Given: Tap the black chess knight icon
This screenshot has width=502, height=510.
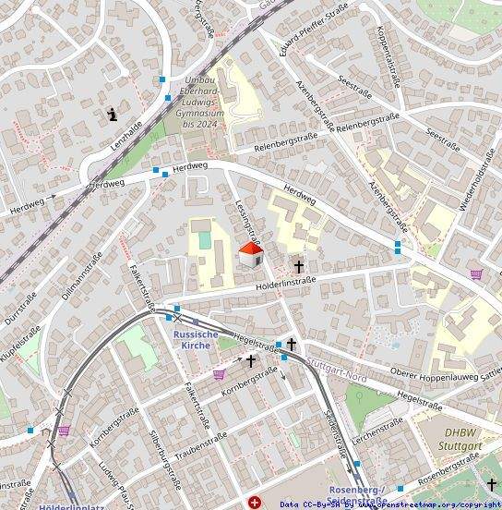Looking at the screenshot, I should click(x=113, y=115).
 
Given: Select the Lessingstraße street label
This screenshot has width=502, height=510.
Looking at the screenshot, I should click(x=247, y=221).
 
